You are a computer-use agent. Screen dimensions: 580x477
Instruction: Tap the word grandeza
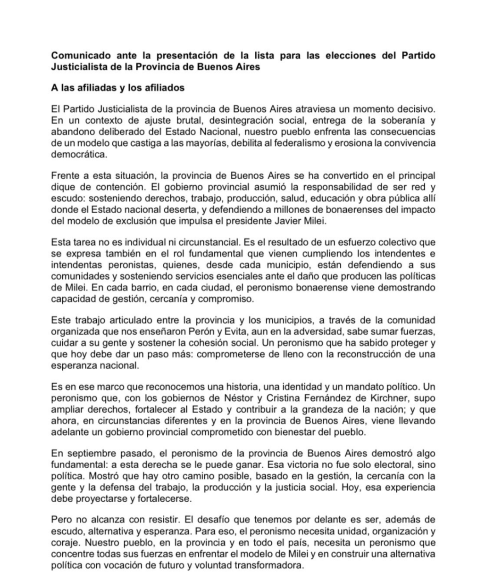[x=318, y=409]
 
